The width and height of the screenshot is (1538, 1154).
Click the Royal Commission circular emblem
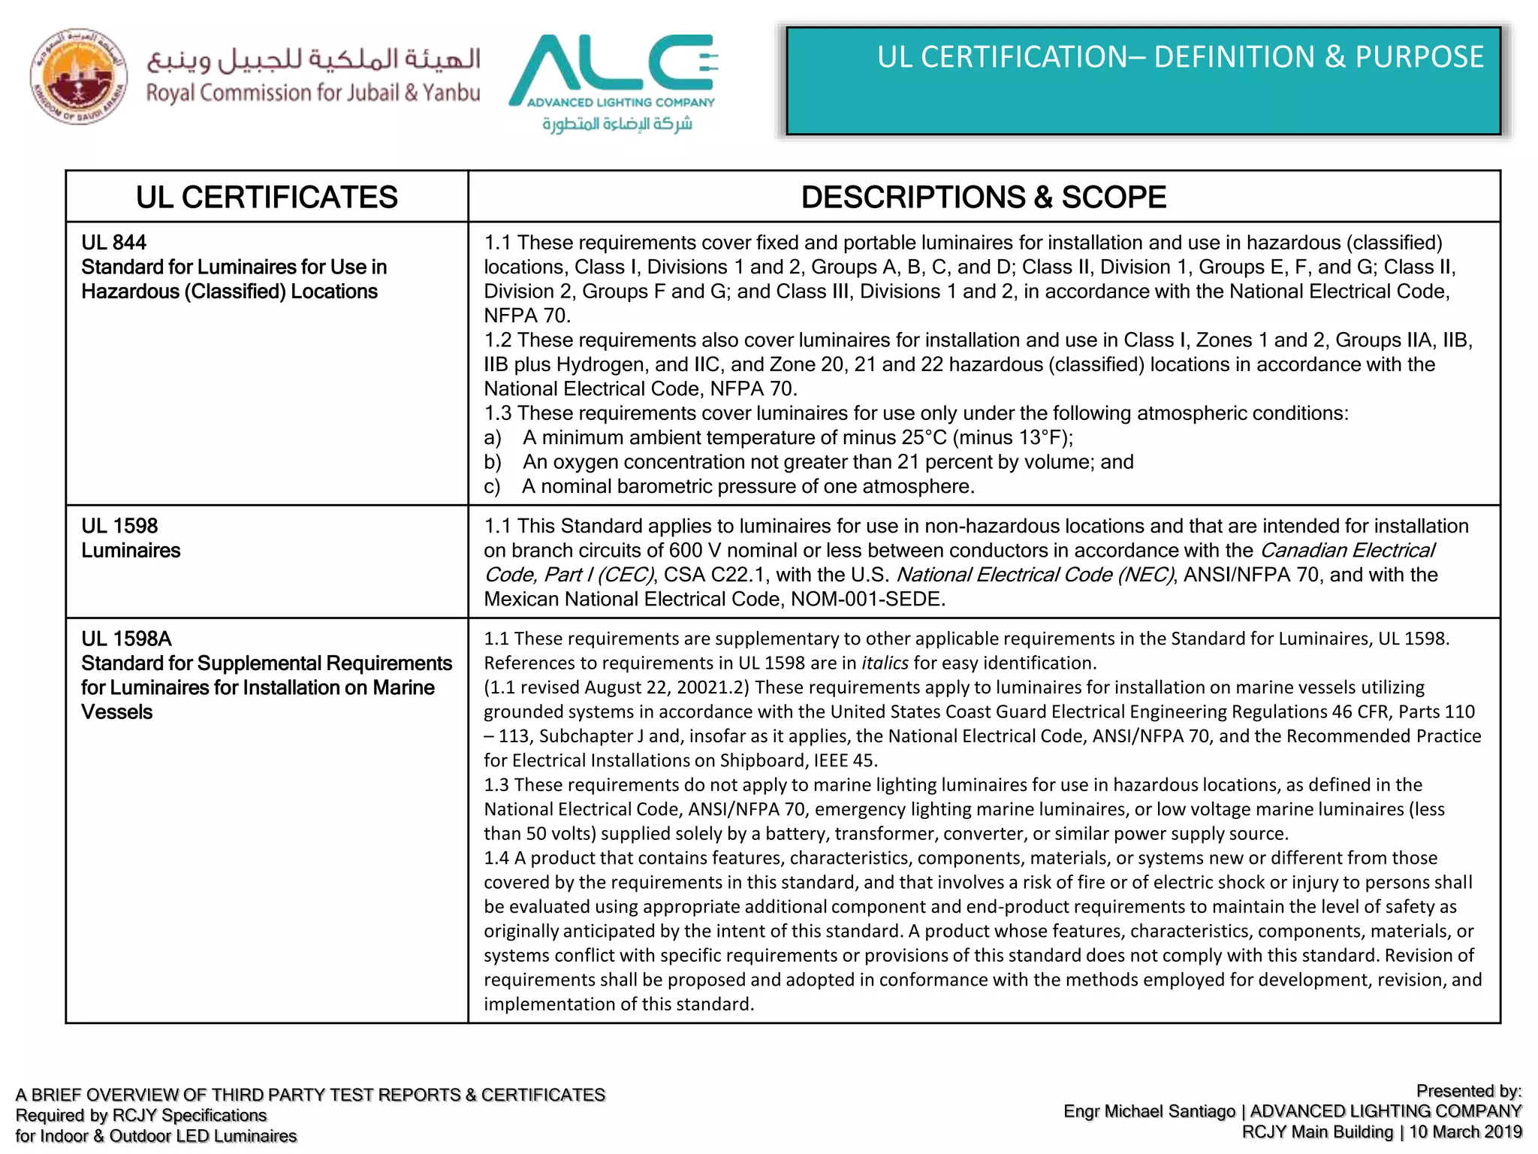click(x=78, y=77)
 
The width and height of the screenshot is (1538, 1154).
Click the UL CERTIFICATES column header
click(x=267, y=197)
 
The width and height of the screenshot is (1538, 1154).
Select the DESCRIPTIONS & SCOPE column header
click(x=983, y=197)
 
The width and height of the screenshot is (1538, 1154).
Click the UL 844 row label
click(x=113, y=243)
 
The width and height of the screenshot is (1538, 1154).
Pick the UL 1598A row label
click(x=126, y=639)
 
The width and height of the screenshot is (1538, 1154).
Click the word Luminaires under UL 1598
click(x=131, y=551)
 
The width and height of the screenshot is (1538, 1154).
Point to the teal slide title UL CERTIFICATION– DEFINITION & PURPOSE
click(x=1180, y=57)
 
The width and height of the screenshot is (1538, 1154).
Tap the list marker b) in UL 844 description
click(x=492, y=462)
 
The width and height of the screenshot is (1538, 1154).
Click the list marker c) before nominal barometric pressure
click(x=492, y=487)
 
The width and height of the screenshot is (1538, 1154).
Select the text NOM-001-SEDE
click(x=867, y=600)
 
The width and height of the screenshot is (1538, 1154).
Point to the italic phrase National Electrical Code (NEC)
click(x=1035, y=575)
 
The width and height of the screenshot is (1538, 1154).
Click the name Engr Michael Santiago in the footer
click(x=1149, y=1111)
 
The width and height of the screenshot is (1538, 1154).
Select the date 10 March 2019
click(x=1465, y=1132)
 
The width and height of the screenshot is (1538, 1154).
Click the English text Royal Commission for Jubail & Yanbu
click(x=312, y=93)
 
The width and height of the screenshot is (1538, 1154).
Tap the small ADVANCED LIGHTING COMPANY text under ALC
click(x=620, y=102)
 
